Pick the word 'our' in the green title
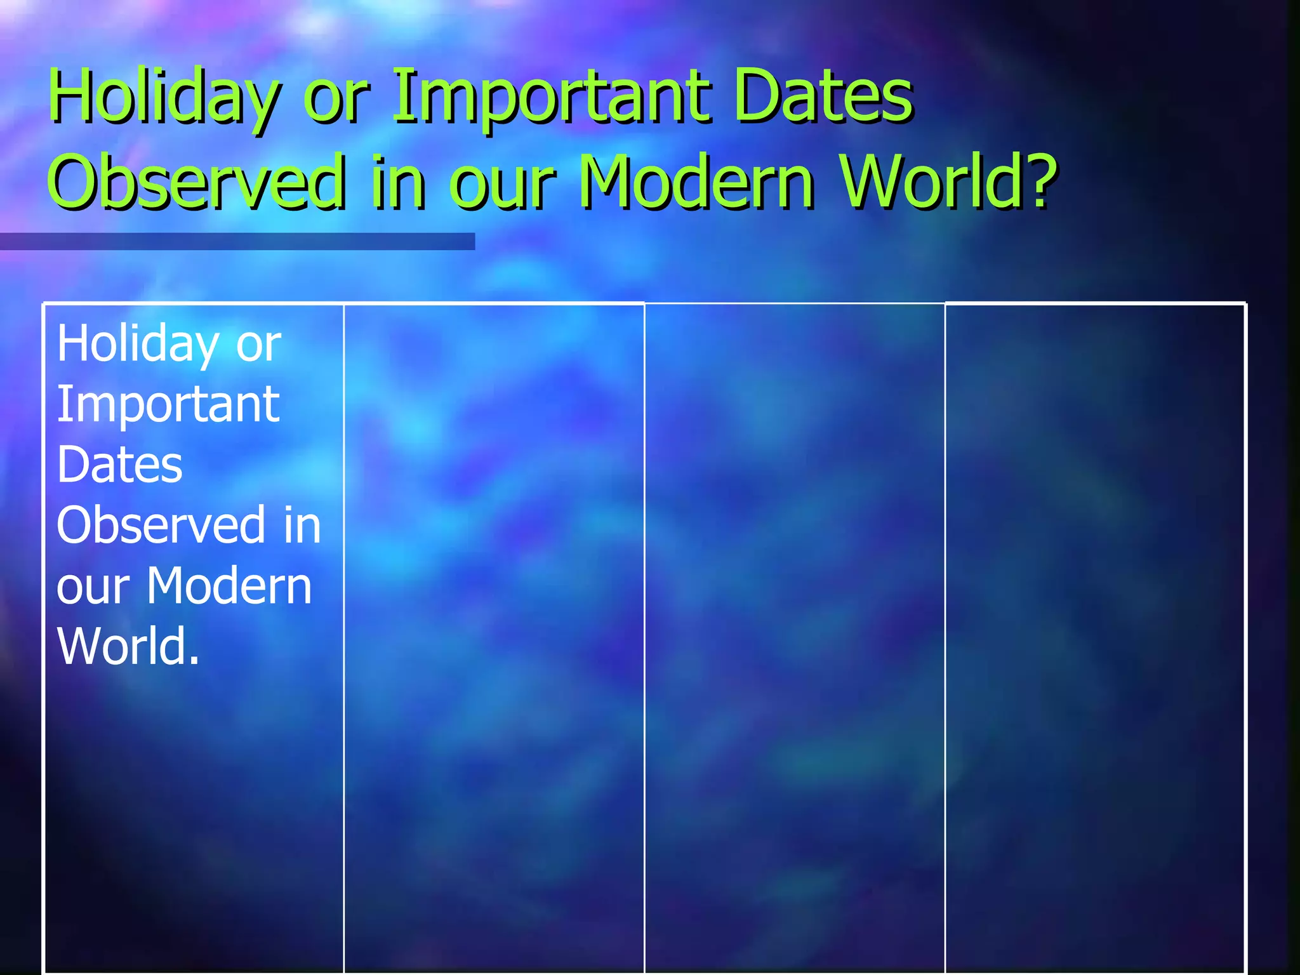pos(502,187)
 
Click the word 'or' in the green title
pos(336,102)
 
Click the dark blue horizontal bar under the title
pos(237,241)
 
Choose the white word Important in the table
pos(168,405)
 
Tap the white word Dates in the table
pos(119,465)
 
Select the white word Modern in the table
pos(229,585)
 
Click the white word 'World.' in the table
pos(128,646)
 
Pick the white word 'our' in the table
pos(93,588)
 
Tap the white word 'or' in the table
pos(258,346)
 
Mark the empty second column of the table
pos(494,635)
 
